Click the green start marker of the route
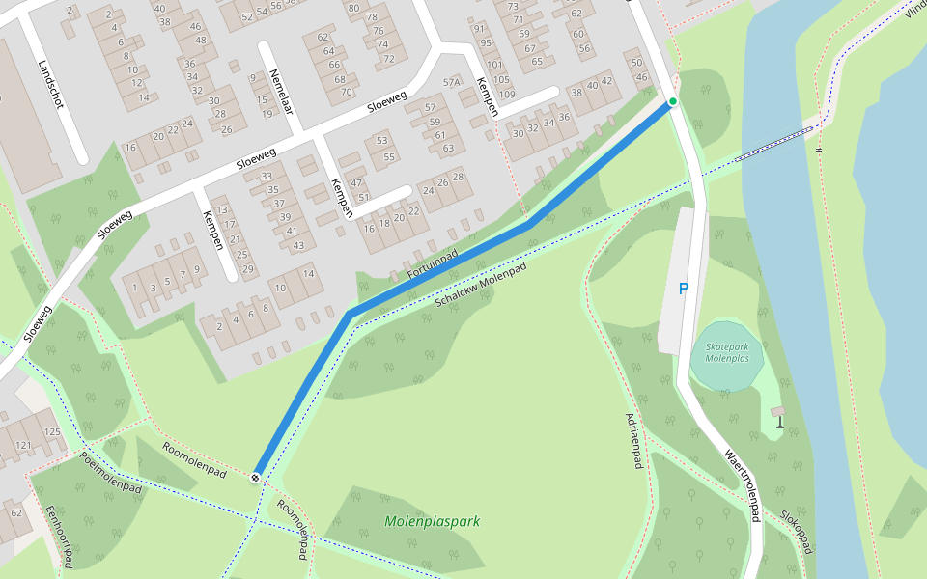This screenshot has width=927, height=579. coord(673,101)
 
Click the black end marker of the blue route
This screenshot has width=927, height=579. coord(256,477)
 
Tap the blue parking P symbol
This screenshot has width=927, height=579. coord(684,289)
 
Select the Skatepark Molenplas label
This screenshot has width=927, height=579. coord(727,352)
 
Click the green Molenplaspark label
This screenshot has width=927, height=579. coord(432,521)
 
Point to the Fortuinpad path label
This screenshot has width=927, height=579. coord(432,263)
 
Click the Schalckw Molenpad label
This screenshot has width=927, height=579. coord(481,285)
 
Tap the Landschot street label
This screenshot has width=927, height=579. coord(49,85)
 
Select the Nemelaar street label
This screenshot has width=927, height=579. coord(281,93)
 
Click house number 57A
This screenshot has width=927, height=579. coord(452,83)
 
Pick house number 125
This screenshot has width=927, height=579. coord(52,431)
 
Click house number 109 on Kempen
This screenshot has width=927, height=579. coord(506,94)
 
